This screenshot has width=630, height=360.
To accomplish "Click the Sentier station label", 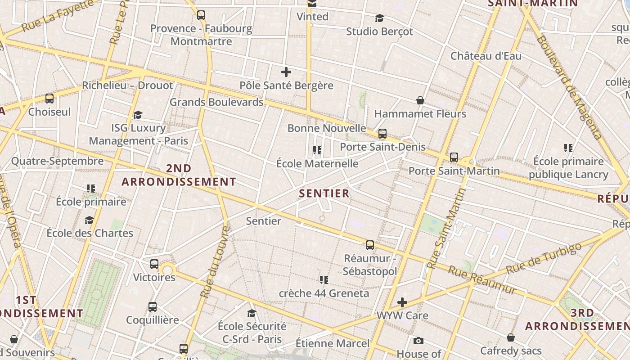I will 264,221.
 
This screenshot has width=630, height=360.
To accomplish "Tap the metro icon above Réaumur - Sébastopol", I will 370,245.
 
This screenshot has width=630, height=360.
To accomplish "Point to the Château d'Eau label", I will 486,56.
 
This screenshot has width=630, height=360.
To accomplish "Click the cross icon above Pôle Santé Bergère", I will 286,72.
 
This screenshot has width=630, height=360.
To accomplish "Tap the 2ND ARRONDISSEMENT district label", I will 179,175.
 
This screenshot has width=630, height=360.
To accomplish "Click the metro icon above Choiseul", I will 49,99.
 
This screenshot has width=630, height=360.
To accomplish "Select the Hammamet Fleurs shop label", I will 420,114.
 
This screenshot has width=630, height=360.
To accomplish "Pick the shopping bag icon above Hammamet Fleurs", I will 420,100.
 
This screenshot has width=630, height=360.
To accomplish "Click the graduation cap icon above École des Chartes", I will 90,220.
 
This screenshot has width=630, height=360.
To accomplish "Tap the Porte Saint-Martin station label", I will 454,171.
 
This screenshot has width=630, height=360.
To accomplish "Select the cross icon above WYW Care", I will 402,302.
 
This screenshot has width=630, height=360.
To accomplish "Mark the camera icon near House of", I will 418,341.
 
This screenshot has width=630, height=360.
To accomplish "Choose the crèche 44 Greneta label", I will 324,293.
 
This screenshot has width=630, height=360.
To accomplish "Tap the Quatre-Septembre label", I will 57,161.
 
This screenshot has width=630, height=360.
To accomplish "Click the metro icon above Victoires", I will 154,264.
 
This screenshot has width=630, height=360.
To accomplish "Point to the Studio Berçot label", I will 379,31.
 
